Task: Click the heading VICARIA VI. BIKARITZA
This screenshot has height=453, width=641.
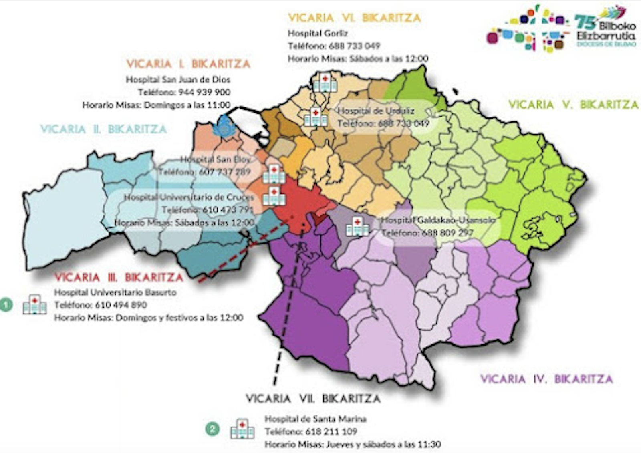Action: point(354,18)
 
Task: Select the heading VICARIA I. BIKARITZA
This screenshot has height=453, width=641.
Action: point(188,64)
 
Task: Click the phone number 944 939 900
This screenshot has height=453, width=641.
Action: point(204,92)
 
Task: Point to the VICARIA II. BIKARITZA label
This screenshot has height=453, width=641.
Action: point(103,129)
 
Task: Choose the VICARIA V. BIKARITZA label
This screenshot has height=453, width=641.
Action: point(573,105)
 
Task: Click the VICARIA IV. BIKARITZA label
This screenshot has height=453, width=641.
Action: point(546,379)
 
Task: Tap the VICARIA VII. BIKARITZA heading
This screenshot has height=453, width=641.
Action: point(313,399)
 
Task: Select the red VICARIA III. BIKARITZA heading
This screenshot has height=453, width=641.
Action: point(119,277)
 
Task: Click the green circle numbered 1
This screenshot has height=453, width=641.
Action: point(6,305)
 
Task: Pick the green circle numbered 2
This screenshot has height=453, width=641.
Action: point(212,429)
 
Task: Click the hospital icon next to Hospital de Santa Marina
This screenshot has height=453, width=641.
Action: point(242,429)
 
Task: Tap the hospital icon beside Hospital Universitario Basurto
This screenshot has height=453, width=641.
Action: point(34,304)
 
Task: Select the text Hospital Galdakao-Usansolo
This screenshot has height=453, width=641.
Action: point(437,220)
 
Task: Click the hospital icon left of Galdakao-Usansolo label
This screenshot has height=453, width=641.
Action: point(357,226)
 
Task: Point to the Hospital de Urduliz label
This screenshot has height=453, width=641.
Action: point(376,111)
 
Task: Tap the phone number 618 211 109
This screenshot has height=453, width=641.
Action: point(331,432)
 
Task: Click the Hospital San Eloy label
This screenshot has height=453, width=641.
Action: point(216,159)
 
